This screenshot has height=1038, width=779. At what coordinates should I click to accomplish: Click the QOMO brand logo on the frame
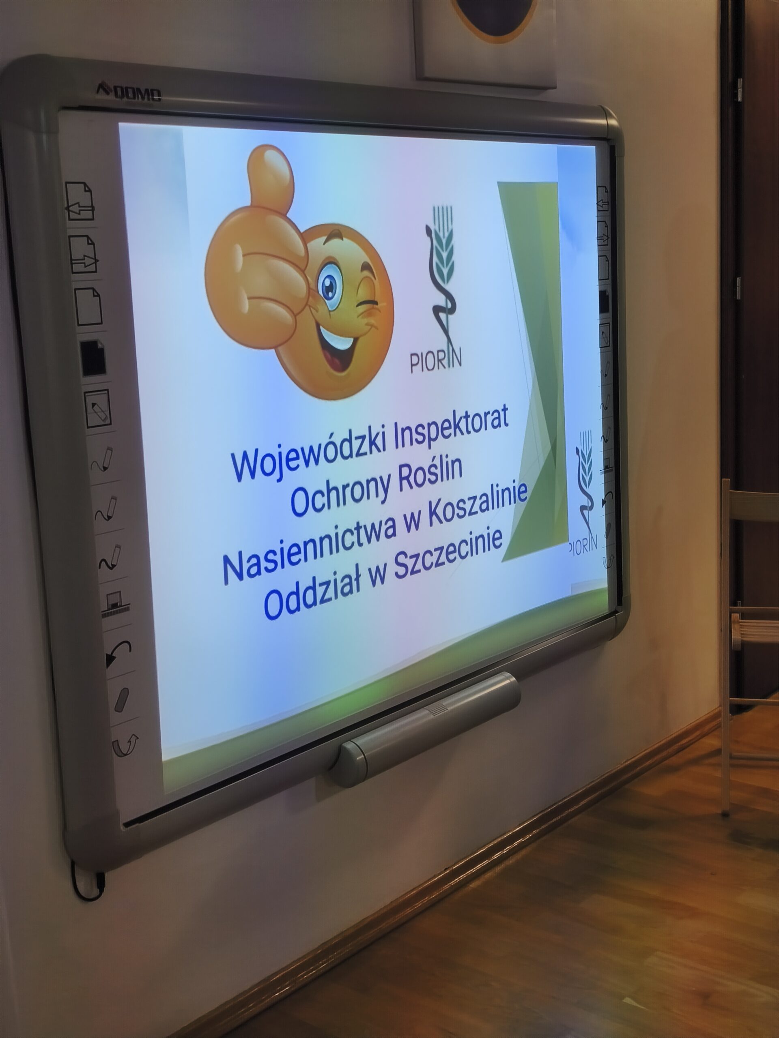129,92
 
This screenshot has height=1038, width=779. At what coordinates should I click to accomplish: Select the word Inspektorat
451,425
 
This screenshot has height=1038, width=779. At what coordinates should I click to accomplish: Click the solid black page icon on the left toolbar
93,358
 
